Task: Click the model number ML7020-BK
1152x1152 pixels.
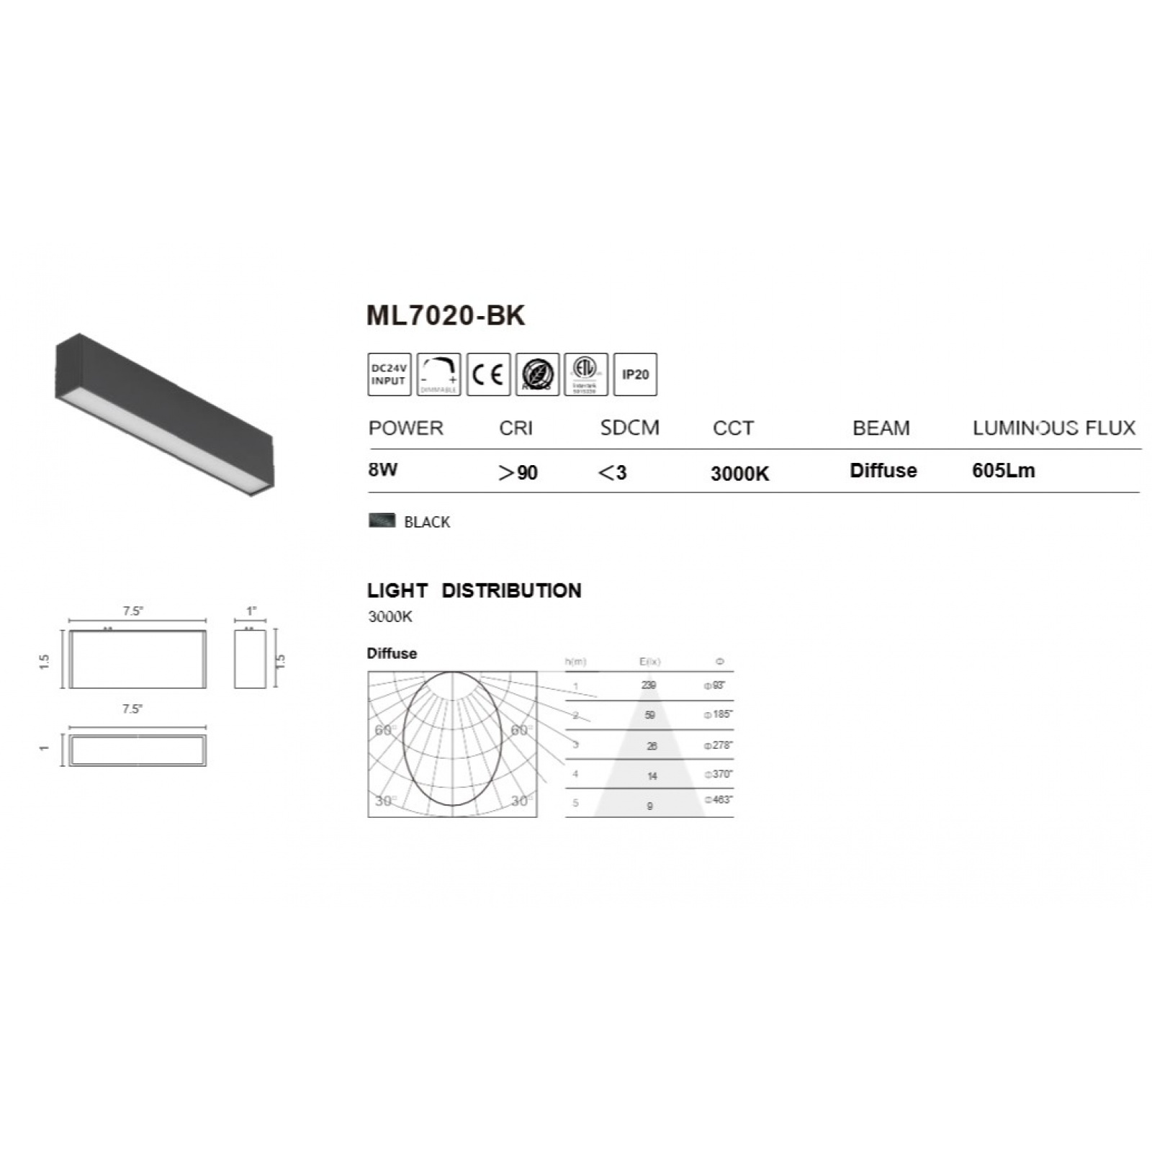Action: pos(446,315)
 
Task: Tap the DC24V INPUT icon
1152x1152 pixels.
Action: pos(389,374)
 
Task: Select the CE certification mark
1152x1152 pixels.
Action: pos(488,374)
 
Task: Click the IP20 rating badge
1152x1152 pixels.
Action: pos(635,374)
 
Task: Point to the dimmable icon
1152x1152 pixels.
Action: pos(438,374)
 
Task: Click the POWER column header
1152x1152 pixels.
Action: pos(405,428)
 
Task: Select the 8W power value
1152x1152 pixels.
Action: pos(382,469)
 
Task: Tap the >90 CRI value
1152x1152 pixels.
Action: pos(518,472)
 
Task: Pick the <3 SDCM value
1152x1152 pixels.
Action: pos(612,472)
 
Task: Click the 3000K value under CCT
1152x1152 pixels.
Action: pos(739,473)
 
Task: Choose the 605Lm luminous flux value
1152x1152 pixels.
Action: pos(1003,470)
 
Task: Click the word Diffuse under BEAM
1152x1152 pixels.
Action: pos(883,470)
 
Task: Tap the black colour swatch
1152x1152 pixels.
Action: pos(382,520)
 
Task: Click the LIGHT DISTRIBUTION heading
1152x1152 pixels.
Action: pos(474,590)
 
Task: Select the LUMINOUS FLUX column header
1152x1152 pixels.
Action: pos(1053,428)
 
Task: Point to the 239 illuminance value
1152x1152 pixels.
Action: pos(649,685)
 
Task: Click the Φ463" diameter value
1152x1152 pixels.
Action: pos(719,800)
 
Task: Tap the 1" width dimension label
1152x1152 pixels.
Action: pos(251,611)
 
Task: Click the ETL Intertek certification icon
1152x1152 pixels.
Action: pos(585,374)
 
